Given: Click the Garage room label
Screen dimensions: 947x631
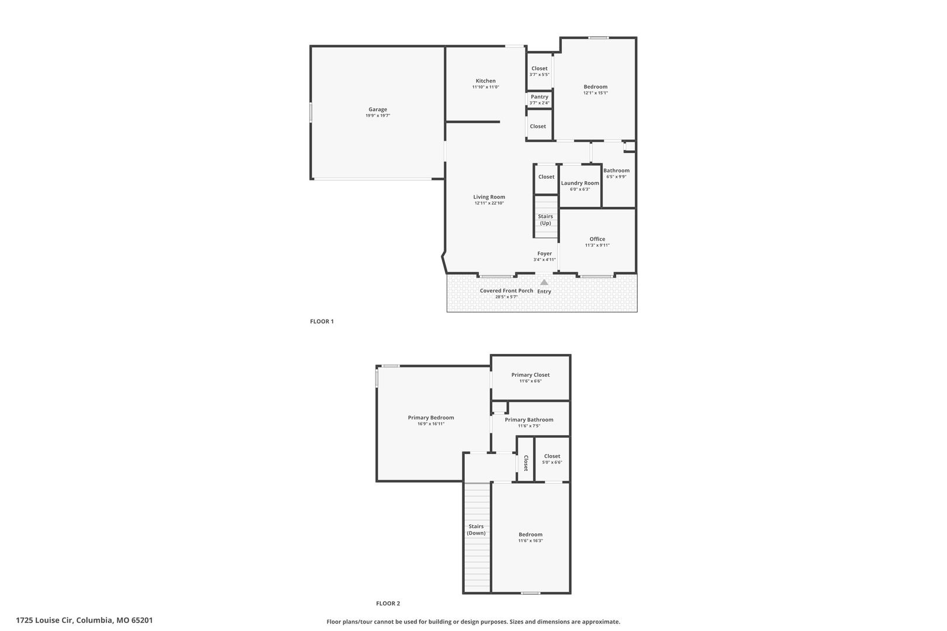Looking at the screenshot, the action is (378, 109).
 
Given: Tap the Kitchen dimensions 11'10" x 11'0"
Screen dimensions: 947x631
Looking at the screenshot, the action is (485, 87).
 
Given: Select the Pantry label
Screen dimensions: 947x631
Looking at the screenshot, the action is (540, 97).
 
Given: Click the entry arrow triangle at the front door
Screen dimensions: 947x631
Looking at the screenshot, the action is (544, 282).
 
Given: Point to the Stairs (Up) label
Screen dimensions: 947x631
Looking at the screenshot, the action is (545, 220).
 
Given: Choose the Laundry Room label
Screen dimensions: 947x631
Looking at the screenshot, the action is (580, 183).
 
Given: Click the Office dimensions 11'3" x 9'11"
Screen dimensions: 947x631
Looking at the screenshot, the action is (597, 245).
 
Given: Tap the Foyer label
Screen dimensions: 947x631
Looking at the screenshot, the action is (545, 254).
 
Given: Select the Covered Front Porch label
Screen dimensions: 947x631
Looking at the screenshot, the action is (506, 291).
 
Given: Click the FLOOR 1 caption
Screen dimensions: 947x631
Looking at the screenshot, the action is (322, 321).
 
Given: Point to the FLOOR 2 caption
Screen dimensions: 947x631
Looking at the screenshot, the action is (388, 604).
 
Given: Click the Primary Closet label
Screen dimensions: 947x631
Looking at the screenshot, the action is (531, 375).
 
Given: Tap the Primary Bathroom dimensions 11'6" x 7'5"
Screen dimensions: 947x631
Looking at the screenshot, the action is (529, 426).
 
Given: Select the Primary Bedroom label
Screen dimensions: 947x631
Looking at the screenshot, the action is (431, 418).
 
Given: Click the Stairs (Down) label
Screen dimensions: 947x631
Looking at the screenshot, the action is (476, 529).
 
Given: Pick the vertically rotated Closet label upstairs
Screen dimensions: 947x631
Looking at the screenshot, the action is (526, 463).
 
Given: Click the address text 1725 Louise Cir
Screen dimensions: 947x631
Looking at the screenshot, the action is (45, 620).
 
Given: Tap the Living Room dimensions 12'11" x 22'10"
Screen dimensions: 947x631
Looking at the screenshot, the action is (489, 203).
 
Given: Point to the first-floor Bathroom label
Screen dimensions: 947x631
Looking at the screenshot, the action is (616, 171).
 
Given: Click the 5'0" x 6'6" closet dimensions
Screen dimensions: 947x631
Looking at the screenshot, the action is (552, 462).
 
